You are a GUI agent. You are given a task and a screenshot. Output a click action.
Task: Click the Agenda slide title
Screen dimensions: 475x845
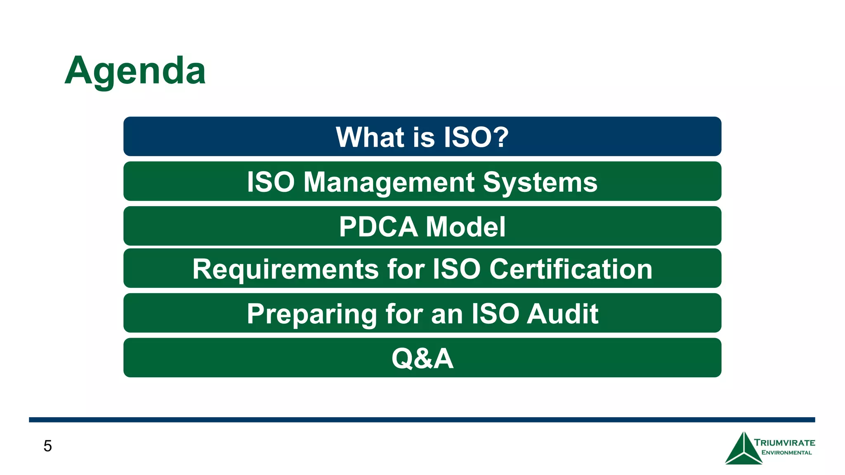pos(135,71)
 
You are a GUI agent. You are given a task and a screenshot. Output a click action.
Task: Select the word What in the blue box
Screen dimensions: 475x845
pos(370,137)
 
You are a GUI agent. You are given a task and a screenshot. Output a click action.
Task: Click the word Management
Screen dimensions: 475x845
pos(389,182)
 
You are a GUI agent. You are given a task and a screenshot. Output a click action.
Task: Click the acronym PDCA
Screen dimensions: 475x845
pos(378,227)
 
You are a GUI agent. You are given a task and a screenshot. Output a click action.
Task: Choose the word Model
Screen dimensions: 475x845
pos(465,227)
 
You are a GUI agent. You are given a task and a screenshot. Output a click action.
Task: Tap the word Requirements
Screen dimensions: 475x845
pos(285,269)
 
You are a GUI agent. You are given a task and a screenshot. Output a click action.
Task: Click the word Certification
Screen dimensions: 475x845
pos(571,269)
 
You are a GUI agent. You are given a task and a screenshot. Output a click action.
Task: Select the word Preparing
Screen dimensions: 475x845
pos(312,314)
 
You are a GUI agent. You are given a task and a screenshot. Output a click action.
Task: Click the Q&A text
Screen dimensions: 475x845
pos(422,358)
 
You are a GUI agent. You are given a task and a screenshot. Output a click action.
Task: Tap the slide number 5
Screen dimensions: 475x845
pos(47,446)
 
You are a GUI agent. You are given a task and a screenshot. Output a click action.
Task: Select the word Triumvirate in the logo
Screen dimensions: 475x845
pos(784,443)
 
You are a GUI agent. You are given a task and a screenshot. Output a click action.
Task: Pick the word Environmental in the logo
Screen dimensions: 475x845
pos(786,453)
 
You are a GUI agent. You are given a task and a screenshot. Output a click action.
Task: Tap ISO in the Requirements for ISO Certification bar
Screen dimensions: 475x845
pos(456,269)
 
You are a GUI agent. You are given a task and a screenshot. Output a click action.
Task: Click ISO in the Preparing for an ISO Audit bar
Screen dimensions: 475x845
pos(495,314)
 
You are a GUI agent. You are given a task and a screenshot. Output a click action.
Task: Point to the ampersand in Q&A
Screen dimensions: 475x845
pos(422,358)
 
